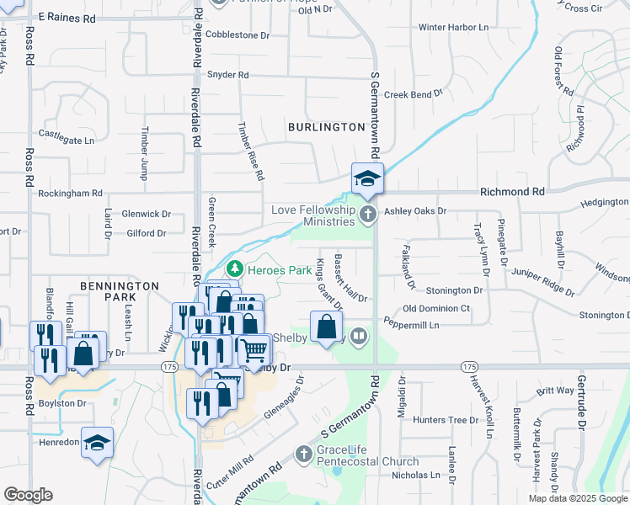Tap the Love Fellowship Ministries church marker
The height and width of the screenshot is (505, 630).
point(367,215)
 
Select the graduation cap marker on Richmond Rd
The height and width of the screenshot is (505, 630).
point(367,179)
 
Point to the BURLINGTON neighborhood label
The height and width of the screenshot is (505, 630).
point(326,127)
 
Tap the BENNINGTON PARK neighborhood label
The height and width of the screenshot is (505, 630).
point(120,291)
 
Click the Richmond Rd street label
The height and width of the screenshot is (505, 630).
point(512,192)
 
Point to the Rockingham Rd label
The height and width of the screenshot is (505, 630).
point(70,193)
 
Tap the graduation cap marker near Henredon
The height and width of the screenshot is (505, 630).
point(97,442)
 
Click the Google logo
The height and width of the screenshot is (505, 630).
point(28,495)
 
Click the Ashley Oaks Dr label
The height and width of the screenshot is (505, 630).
point(414,211)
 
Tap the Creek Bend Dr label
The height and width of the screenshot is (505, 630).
point(413,95)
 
